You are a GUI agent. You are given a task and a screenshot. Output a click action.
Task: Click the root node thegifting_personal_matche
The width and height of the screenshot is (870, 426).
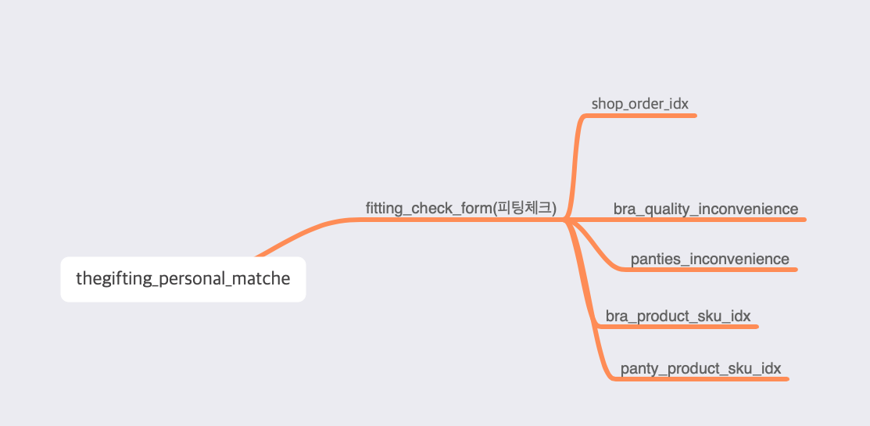pos(183,279)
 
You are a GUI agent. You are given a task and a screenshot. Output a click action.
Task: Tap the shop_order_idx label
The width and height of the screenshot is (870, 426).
pos(639,104)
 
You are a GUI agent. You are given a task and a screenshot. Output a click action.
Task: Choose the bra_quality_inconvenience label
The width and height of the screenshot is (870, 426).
pos(705,209)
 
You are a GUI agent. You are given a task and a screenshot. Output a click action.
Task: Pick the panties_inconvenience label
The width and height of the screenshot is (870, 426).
pos(709,260)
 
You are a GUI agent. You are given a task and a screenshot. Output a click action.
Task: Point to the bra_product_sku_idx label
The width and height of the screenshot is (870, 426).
pos(678,317)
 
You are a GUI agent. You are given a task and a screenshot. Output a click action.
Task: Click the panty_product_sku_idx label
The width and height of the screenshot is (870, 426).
pos(700,368)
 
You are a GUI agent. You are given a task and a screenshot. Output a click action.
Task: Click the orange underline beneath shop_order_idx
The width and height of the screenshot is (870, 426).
pos(649,116)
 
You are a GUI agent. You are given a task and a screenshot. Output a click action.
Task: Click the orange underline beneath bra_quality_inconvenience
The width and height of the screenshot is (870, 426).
pos(719,220)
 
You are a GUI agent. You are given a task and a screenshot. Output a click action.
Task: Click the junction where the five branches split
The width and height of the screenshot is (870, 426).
pos(566,220)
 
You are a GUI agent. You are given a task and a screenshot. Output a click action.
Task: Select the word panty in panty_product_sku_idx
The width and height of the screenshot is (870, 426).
pos(638,368)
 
